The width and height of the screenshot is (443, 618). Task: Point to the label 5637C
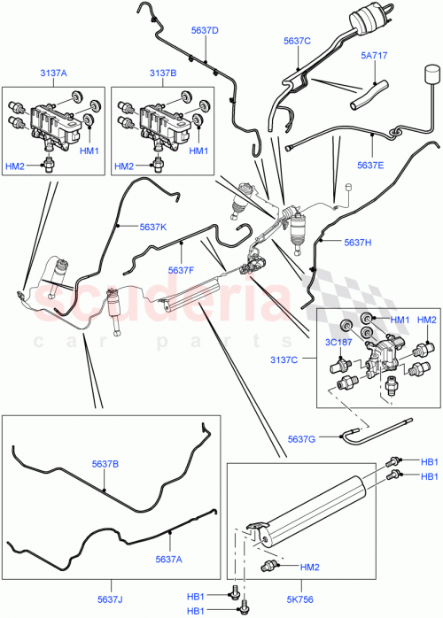297,41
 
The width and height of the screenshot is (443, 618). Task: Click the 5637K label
152,227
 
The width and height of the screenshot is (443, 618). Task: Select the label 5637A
170,559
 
